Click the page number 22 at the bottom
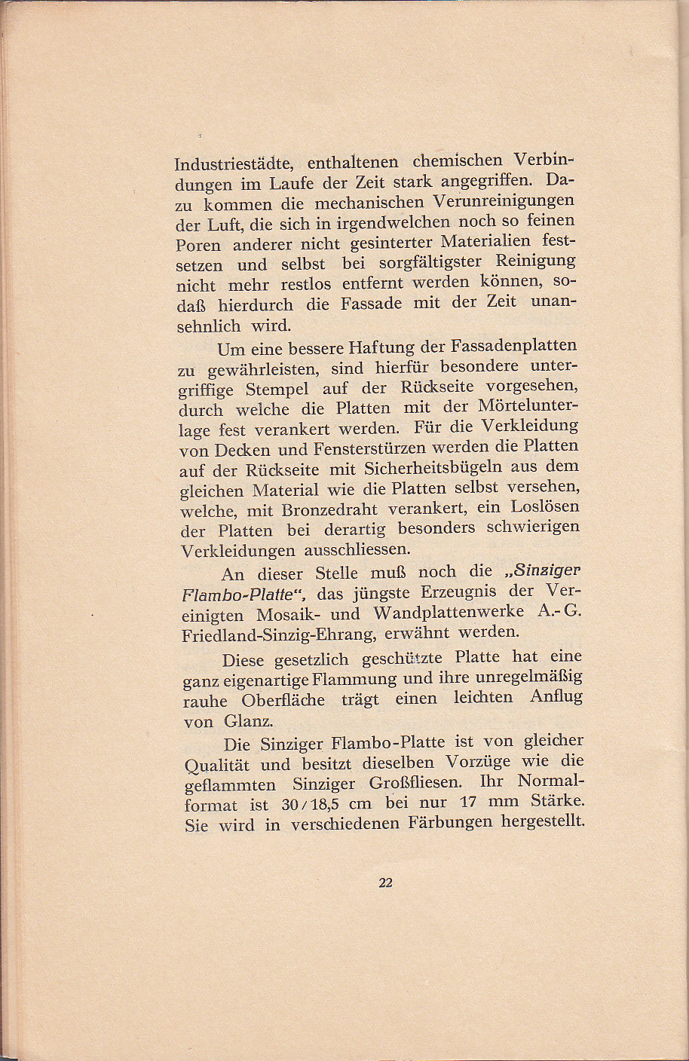[385, 883]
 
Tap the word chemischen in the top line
[458, 161]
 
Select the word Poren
[198, 246]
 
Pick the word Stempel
[277, 390]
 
